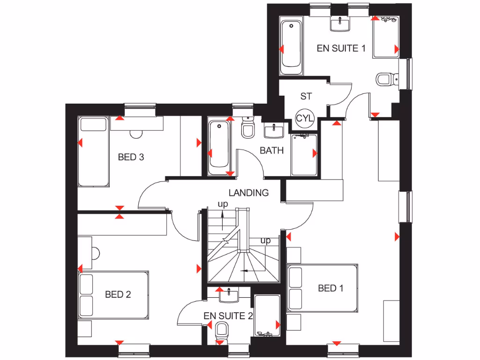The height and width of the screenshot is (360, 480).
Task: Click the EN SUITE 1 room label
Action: [341, 48]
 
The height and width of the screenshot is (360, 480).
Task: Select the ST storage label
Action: [306, 97]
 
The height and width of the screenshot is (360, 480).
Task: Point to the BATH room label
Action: [272, 150]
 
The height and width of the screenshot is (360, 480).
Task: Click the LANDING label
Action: [248, 192]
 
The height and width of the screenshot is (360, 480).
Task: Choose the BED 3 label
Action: [131, 157]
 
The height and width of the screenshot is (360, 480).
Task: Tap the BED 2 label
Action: [118, 294]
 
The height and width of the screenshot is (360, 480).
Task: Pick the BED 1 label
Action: [330, 288]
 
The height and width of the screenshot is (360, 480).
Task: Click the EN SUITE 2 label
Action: [228, 316]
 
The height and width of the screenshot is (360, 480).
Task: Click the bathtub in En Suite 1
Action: [291, 47]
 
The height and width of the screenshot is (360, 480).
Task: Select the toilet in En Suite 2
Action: [222, 332]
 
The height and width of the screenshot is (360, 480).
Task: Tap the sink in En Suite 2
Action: [228, 294]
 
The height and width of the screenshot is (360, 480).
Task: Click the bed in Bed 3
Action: [94, 151]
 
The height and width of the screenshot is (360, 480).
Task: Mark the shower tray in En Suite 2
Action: [267, 315]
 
